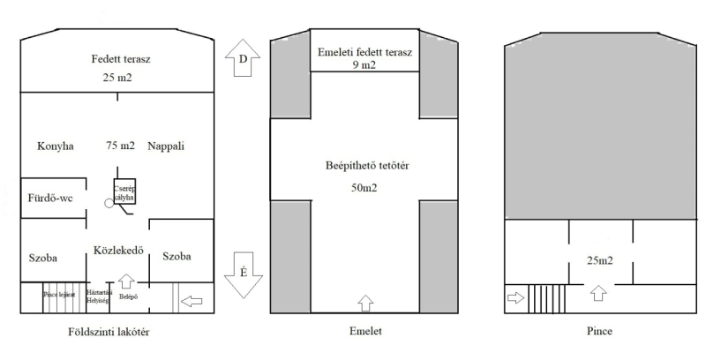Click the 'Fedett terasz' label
pyautogui.click(x=119, y=59)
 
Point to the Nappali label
pyautogui.click(x=168, y=146)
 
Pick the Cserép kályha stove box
pyautogui.click(x=123, y=190)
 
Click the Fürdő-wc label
pyautogui.click(x=49, y=199)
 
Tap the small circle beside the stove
pyautogui.click(x=109, y=202)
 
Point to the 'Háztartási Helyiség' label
pyautogui.click(x=98, y=295)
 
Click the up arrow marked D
pyautogui.click(x=243, y=59)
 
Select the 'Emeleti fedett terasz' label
pyautogui.click(x=365, y=52)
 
